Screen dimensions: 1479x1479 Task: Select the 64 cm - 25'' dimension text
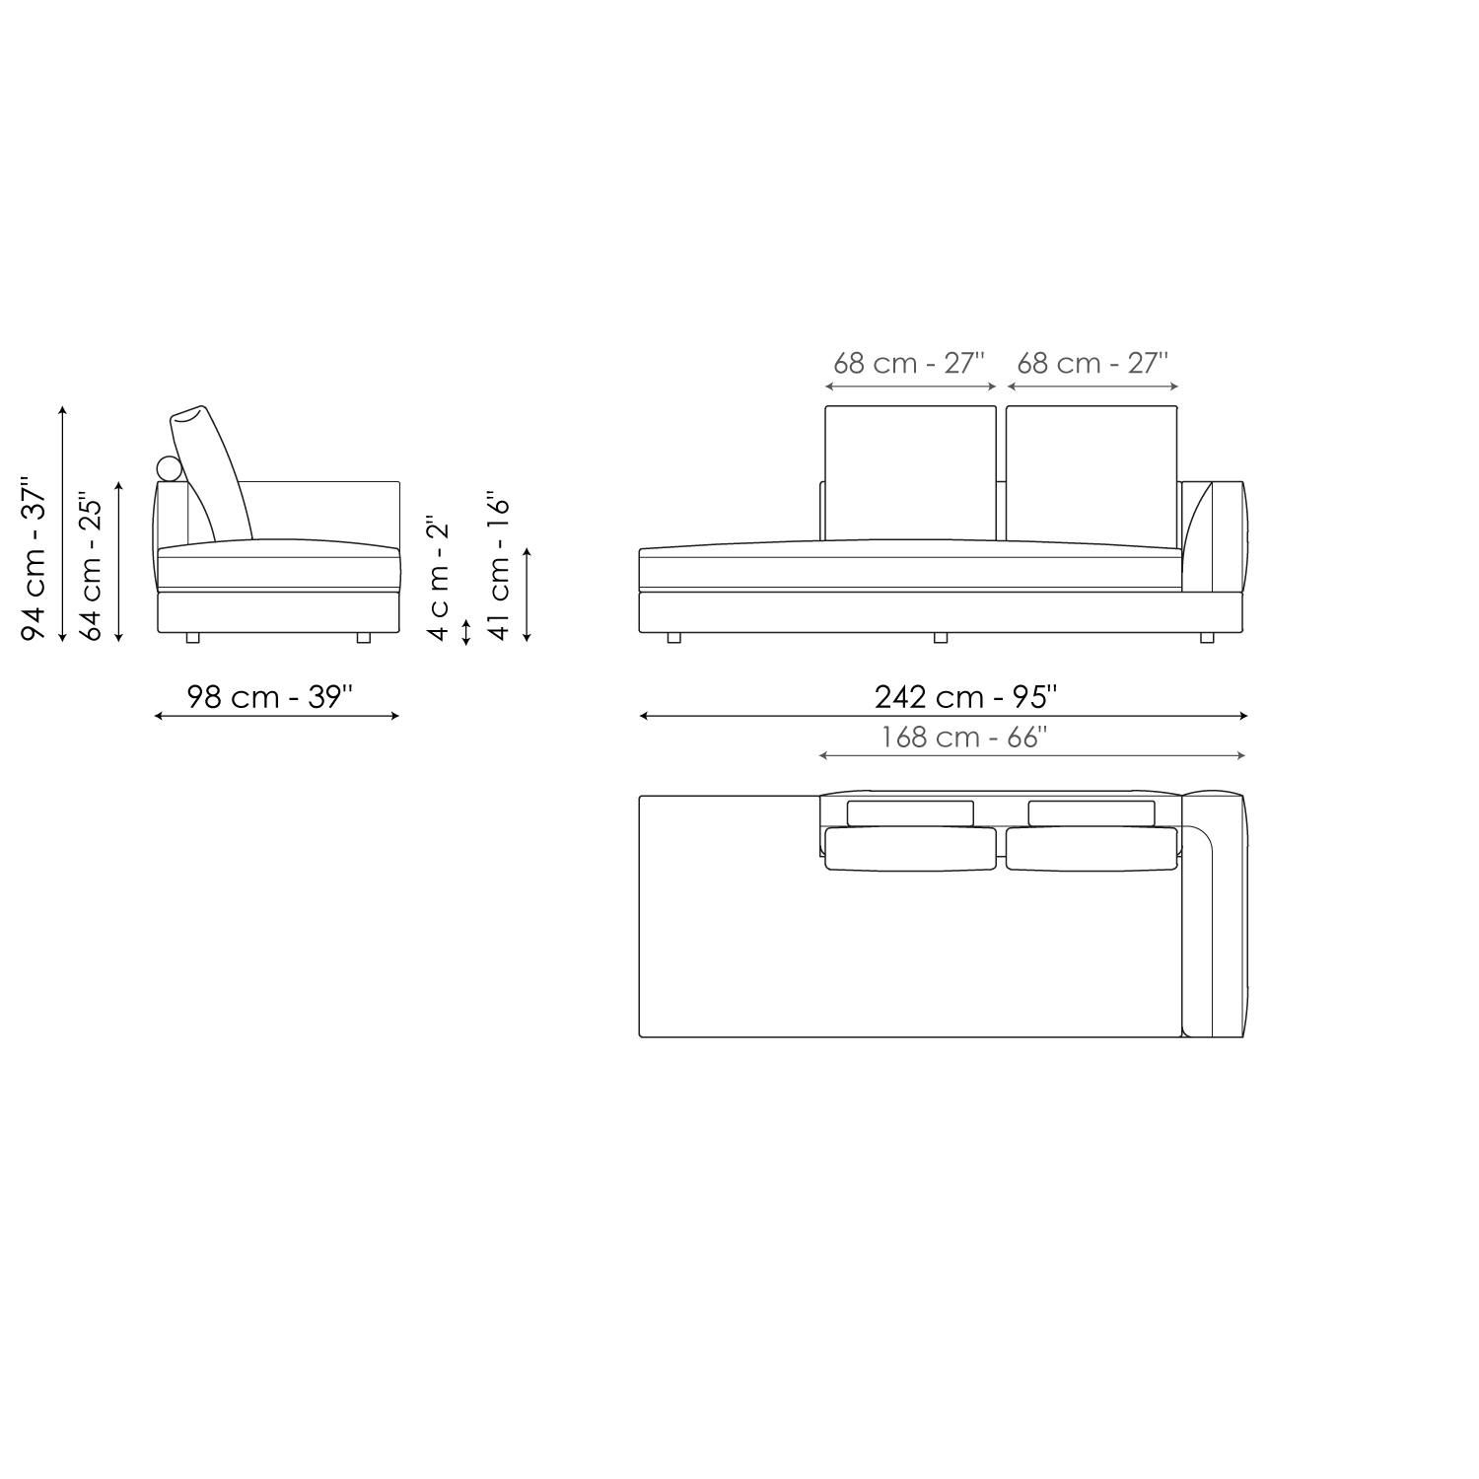(91, 566)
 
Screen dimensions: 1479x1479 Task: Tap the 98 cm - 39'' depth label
(269, 697)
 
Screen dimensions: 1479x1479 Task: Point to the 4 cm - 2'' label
(438, 578)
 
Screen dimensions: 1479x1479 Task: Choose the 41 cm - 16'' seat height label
(500, 566)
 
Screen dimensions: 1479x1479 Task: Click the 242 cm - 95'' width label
(964, 697)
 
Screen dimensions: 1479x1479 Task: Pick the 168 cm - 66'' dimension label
(962, 738)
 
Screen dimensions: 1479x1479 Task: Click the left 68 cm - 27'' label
(908, 363)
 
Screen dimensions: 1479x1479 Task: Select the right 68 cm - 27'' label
(1092, 363)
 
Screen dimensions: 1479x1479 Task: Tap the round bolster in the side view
(170, 469)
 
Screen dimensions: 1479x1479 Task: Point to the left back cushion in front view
(910, 472)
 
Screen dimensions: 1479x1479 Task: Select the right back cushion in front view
(1092, 472)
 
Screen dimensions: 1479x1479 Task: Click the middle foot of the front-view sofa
(940, 638)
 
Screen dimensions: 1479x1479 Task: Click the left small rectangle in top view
(909, 812)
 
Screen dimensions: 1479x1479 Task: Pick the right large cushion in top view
(1091, 850)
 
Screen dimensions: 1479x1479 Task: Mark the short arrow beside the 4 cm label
(466, 631)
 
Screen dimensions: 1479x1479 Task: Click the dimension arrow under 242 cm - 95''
(944, 716)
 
